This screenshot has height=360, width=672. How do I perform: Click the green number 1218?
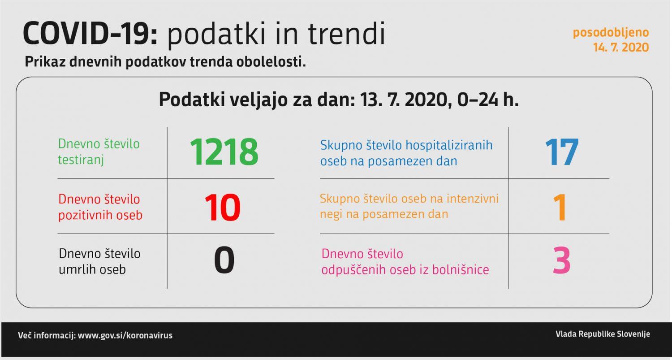point(224,152)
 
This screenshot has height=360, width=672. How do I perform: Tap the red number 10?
point(223,208)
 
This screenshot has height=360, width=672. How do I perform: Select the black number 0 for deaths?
point(224,260)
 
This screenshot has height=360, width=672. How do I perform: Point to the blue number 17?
point(562,152)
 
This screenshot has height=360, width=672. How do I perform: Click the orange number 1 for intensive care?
point(560,208)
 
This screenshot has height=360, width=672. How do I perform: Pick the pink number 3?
point(562,260)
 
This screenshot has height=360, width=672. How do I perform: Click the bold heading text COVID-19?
point(90,34)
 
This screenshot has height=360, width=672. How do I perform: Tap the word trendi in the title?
point(346,34)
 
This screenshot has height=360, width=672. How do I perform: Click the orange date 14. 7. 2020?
point(621,48)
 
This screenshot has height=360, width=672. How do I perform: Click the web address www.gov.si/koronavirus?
point(125,335)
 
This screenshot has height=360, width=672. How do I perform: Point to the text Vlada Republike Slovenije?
point(603,334)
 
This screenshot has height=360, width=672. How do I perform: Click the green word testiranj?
point(81,160)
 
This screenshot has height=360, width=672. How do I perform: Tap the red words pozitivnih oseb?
point(100,215)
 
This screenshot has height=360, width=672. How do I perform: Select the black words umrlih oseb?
point(92,269)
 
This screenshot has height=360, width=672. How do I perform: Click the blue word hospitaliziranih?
point(449,145)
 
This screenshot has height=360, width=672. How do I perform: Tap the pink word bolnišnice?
point(461,269)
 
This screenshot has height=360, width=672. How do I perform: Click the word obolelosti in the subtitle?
point(271,62)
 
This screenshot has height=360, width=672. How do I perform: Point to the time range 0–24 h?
point(488,100)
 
